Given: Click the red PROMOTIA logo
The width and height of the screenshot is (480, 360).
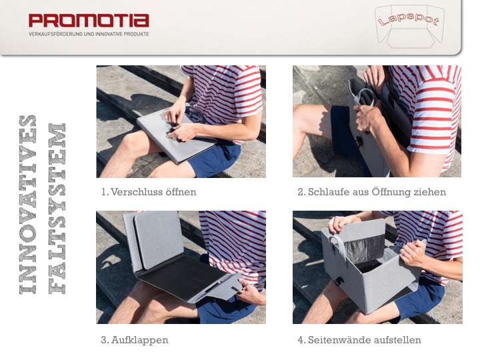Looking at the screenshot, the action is (x=89, y=21).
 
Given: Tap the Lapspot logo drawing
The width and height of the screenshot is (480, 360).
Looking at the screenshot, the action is (x=409, y=26).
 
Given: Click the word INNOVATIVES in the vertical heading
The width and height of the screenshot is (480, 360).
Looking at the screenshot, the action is (x=28, y=205).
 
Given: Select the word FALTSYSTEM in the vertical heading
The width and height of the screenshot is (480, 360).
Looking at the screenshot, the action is (x=57, y=209).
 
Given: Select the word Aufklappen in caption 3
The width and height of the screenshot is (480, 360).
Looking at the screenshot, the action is (x=139, y=340).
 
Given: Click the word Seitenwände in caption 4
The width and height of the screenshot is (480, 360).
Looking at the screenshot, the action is (x=339, y=340).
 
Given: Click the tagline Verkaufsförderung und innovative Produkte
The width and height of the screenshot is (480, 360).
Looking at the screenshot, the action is (x=89, y=34).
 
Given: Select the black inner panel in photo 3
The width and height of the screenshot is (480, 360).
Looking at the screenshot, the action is (x=181, y=277).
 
